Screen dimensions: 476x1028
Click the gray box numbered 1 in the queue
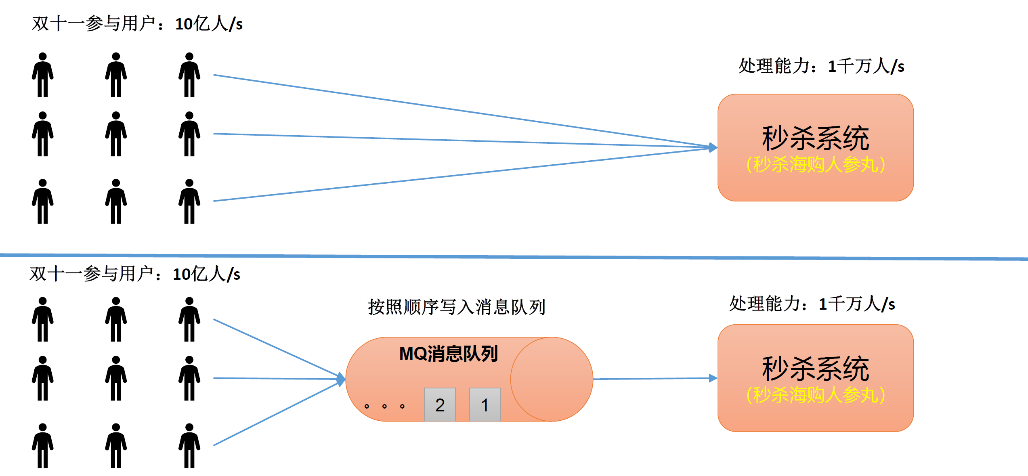pyautogui.click(x=485, y=405)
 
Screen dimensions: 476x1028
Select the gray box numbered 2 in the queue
pyautogui.click(x=440, y=405)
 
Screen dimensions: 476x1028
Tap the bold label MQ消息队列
pyautogui.click(x=448, y=354)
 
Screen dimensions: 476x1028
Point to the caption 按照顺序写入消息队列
pyautogui.click(x=456, y=307)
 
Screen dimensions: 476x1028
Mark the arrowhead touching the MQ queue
pyautogui.click(x=341, y=379)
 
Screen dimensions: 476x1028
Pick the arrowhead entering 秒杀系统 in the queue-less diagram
pyautogui.click(x=713, y=148)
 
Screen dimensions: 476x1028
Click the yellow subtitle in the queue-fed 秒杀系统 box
pyautogui.click(x=816, y=395)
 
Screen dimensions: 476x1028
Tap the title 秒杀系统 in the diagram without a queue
pyautogui.click(x=816, y=138)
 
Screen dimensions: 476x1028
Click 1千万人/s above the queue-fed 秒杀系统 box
pyautogui.click(x=857, y=304)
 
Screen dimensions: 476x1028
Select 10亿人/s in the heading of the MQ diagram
pyautogui.click(x=206, y=274)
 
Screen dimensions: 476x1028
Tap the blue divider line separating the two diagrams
pyautogui.click(x=513, y=256)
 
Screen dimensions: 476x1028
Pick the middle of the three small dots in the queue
pyautogui.click(x=384, y=406)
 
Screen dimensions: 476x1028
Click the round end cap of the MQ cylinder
pyautogui.click(x=552, y=380)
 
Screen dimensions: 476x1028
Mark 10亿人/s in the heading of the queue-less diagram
pyautogui.click(x=209, y=24)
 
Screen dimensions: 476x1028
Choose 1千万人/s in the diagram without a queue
pyautogui.click(x=866, y=66)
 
